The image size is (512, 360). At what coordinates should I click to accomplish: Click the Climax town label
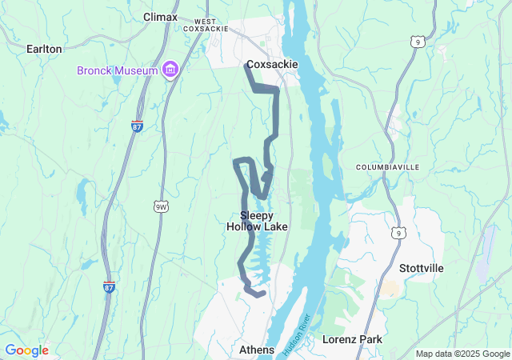point(160,16)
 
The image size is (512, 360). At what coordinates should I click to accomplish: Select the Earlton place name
point(44,49)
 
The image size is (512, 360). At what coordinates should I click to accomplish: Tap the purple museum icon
point(170,70)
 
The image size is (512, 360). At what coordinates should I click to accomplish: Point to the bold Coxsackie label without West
point(272,64)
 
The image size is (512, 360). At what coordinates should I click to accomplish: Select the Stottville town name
point(421,268)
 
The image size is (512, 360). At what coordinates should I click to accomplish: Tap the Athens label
point(257,350)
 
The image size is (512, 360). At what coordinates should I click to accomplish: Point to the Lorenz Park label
point(352,339)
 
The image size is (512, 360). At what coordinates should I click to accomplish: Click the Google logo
point(26,350)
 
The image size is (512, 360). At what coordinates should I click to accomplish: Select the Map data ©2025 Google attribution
point(462,354)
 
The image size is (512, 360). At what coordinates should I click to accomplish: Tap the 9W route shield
point(162,207)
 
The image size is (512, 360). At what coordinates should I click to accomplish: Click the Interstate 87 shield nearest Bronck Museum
point(137,126)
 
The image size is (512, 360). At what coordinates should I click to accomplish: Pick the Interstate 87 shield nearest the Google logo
point(109,286)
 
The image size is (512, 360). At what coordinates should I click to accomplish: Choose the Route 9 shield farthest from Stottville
point(416,41)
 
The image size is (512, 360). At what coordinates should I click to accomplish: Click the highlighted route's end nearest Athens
point(262,294)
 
